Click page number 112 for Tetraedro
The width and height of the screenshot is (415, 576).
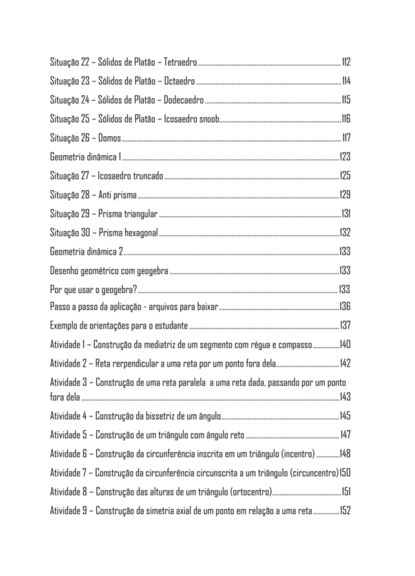(346, 61)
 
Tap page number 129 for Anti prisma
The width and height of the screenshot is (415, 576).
(345, 195)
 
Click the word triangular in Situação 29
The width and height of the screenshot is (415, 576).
(140, 214)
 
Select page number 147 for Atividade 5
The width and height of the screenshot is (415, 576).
(345, 435)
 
